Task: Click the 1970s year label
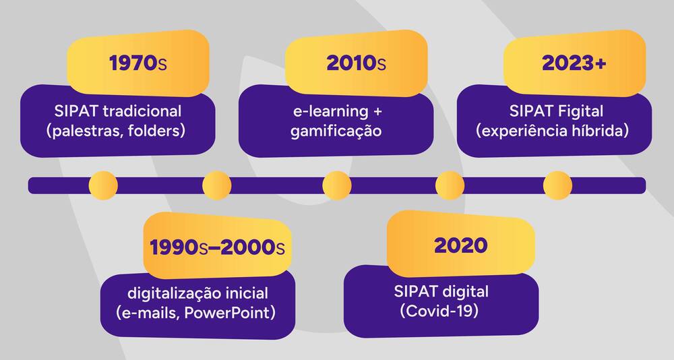pyautogui.click(x=137, y=63)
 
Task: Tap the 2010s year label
pyautogui.click(x=356, y=63)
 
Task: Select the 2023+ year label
pyautogui.click(x=574, y=63)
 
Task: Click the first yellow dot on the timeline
pyautogui.click(x=103, y=185)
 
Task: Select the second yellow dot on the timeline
pyautogui.click(x=216, y=185)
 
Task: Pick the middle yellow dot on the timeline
pyautogui.click(x=336, y=185)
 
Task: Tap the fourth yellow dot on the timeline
pyautogui.click(x=450, y=185)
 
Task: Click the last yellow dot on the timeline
pyautogui.click(x=557, y=185)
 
